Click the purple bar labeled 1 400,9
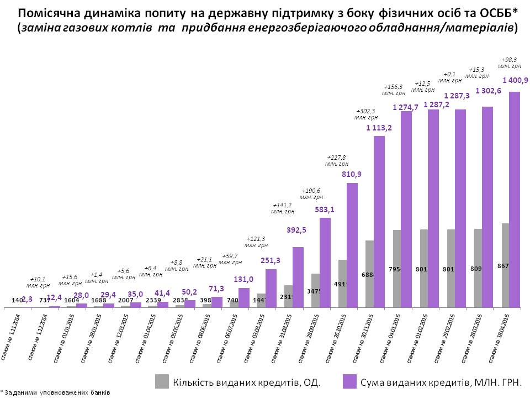515,199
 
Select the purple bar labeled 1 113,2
379,221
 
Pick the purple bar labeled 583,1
325,263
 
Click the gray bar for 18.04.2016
505,265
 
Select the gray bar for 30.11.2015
369,274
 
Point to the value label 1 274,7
405,107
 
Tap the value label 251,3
271,260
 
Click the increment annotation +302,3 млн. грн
366,114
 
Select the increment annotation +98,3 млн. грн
508,62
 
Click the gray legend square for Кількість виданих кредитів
162,381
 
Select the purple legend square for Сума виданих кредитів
349,381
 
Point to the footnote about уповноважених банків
55,392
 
